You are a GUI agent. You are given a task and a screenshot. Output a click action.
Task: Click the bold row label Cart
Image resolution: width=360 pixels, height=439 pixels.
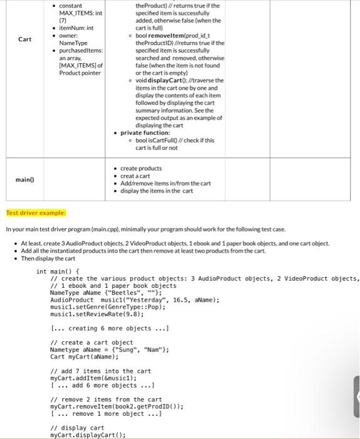coord(24,39)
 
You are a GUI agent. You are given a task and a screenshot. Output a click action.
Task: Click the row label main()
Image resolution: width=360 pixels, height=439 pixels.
coord(24,179)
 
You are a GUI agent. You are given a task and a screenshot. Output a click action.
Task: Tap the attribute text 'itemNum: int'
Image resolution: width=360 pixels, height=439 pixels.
coord(76,28)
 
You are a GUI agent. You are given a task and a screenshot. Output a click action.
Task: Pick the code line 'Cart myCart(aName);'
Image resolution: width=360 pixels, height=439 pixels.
coord(84,357)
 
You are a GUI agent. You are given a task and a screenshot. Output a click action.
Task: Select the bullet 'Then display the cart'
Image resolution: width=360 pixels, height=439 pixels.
coord(48,258)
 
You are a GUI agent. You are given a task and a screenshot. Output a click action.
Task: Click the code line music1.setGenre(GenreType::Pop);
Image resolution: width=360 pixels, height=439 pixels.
coord(98,307)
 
